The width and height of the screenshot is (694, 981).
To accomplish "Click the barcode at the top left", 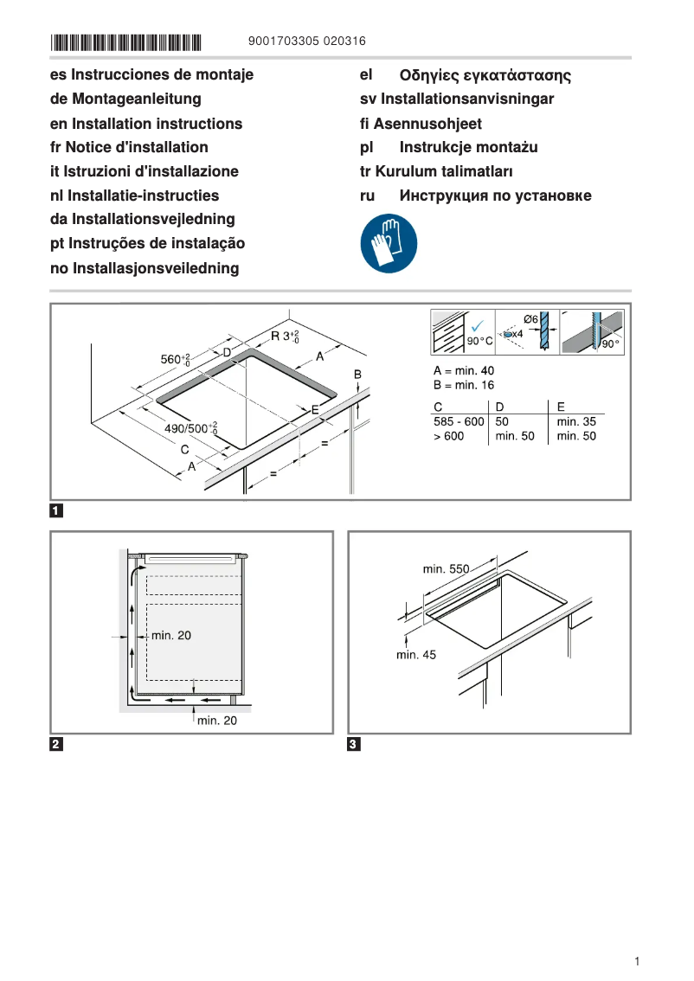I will [x=126, y=42].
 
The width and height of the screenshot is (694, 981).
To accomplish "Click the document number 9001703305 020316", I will [x=306, y=41].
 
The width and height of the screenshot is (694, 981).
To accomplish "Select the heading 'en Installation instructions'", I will [x=146, y=124].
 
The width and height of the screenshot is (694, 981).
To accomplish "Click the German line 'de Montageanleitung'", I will [x=125, y=99].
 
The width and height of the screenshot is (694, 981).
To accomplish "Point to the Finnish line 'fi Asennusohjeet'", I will [x=421, y=124].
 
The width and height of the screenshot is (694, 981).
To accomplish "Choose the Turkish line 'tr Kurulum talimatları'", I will [x=436, y=171].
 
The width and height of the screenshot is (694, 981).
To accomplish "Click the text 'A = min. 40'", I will [x=464, y=370].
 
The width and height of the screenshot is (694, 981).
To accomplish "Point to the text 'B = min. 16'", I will [x=464, y=385].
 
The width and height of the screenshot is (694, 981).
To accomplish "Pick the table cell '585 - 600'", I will [x=459, y=421].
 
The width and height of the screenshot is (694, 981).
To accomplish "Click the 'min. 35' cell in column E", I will [x=576, y=421].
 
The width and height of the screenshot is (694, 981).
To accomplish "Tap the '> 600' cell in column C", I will [x=448, y=436].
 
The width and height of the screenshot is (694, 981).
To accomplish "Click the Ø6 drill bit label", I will [x=531, y=319].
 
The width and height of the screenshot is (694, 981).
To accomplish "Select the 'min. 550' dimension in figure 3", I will [x=446, y=569].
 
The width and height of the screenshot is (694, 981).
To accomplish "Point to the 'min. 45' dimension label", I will [x=416, y=655].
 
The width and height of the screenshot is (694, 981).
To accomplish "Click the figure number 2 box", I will [x=56, y=744].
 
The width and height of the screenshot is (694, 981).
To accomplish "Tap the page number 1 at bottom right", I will [x=637, y=961].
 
